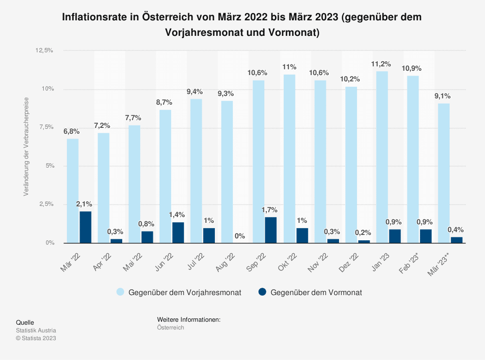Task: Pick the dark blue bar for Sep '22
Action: click(271, 230)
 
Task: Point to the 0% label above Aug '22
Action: click(239, 236)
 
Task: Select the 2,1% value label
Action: click(84, 204)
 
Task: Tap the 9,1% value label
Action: click(442, 96)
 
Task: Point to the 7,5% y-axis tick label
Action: click(45, 127)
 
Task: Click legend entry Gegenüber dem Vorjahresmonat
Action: click(185, 292)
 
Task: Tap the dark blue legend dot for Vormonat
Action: click(262, 292)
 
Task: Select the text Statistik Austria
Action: click(36, 330)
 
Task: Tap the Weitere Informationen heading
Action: click(189, 320)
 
